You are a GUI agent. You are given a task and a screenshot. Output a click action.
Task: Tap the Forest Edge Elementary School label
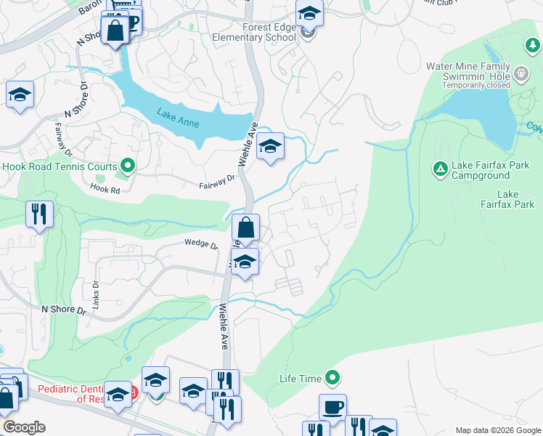coord(249,33)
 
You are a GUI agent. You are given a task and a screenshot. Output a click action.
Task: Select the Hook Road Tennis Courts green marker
coord(128,166)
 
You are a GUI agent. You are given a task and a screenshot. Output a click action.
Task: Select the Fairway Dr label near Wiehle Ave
coord(218,182)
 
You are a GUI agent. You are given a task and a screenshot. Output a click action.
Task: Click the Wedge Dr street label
coord(201,244)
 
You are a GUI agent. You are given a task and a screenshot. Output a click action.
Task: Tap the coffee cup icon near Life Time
coord(332,407)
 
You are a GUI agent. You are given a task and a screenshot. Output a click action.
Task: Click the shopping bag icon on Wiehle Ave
coord(246,227)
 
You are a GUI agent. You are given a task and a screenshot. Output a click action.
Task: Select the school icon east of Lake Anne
coord(270,148)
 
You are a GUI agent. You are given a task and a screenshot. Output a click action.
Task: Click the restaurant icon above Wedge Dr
coord(39,214)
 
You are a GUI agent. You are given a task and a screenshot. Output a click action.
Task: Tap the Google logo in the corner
coord(24,427)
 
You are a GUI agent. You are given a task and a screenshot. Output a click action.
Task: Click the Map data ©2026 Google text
coord(498,430)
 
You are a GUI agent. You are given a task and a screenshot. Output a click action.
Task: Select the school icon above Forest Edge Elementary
coord(309,13)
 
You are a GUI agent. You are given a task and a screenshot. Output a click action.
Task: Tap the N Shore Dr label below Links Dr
coord(64,310)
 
